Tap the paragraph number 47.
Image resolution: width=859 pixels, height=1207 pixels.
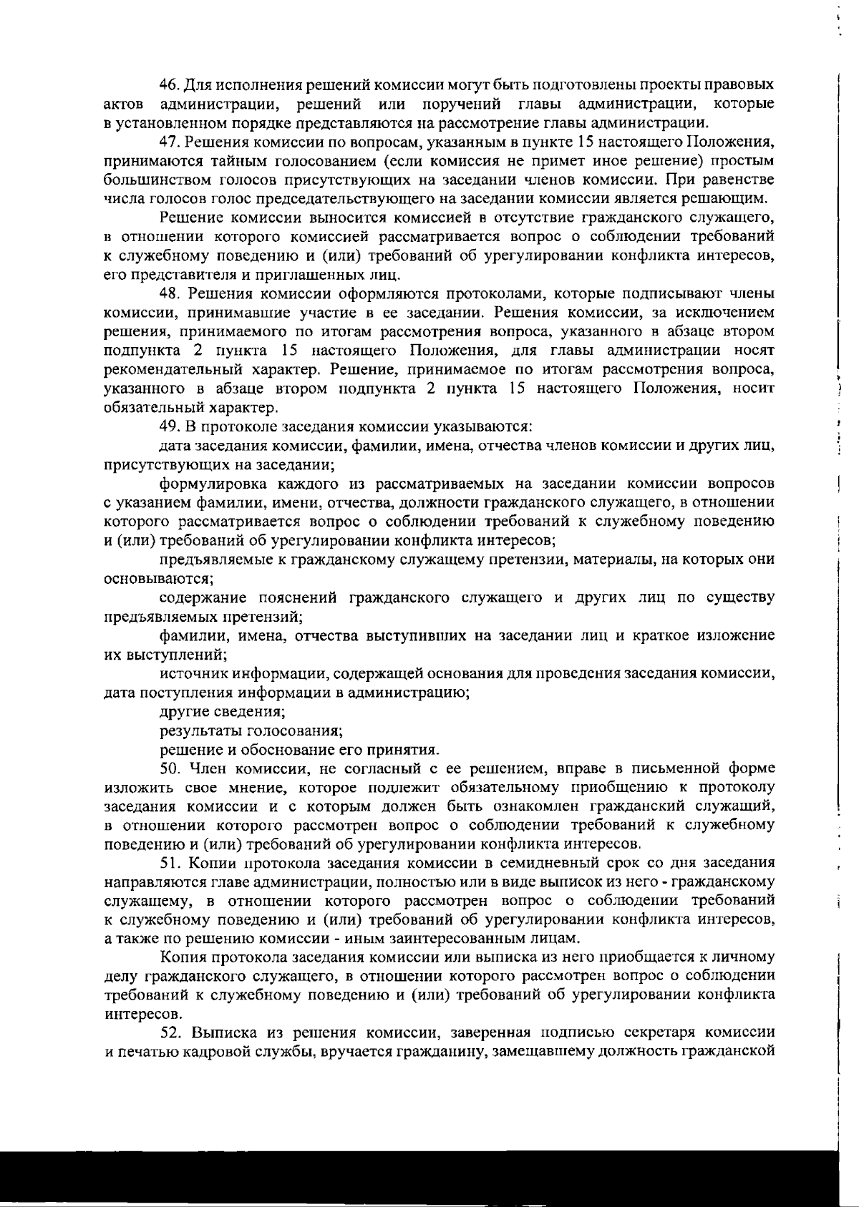pos(169,140)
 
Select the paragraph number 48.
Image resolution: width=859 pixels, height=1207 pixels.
pos(169,293)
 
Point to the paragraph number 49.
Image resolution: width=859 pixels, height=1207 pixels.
pos(169,427)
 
